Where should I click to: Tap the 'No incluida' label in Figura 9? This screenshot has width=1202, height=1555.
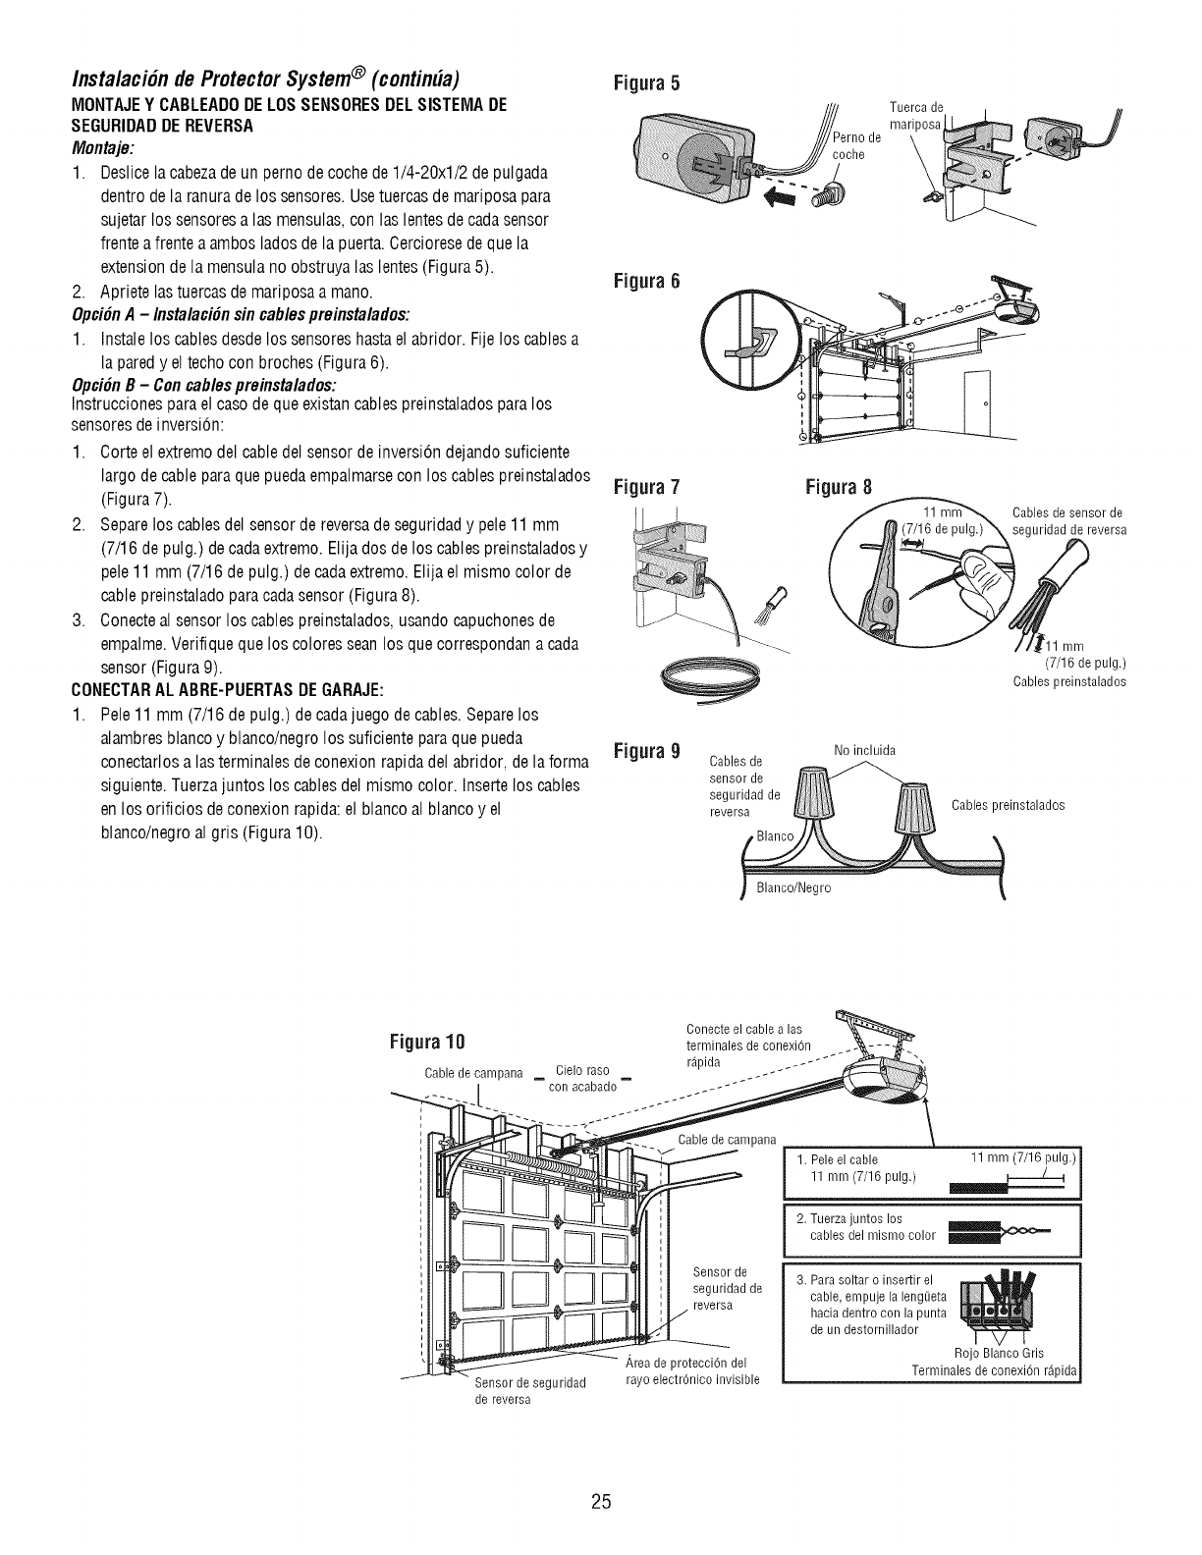pos(863,751)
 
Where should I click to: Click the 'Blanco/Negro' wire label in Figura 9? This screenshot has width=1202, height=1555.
pos(793,887)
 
